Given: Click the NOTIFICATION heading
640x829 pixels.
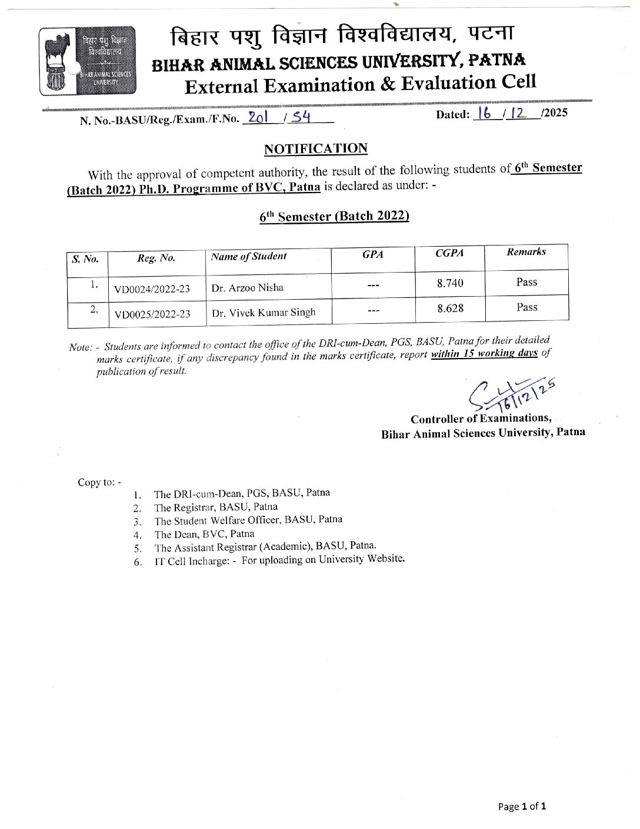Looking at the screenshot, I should click(x=316, y=148).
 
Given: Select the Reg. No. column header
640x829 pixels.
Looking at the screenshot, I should click(x=156, y=258).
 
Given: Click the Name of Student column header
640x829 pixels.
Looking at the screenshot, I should click(x=249, y=256).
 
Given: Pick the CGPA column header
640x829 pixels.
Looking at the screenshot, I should click(x=449, y=253).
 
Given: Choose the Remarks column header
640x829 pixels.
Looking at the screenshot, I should click(x=526, y=252).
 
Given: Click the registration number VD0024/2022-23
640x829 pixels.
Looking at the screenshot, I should click(x=152, y=289).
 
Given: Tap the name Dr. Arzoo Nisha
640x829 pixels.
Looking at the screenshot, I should click(x=248, y=288).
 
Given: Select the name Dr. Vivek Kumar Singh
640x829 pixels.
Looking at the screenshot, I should click(x=264, y=313).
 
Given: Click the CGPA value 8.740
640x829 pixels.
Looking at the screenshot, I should click(x=450, y=283).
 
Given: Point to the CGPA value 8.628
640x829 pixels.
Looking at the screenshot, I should click(x=450, y=308).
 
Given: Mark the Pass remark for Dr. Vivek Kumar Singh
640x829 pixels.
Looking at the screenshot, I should click(x=526, y=307).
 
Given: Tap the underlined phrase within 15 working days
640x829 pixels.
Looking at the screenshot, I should click(x=484, y=354).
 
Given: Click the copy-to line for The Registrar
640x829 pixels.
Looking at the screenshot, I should click(x=216, y=507).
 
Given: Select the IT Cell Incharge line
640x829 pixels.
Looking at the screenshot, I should click(x=279, y=560).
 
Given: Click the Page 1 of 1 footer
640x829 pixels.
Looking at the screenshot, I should click(x=522, y=807).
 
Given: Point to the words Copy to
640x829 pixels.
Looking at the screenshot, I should click(x=99, y=482).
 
